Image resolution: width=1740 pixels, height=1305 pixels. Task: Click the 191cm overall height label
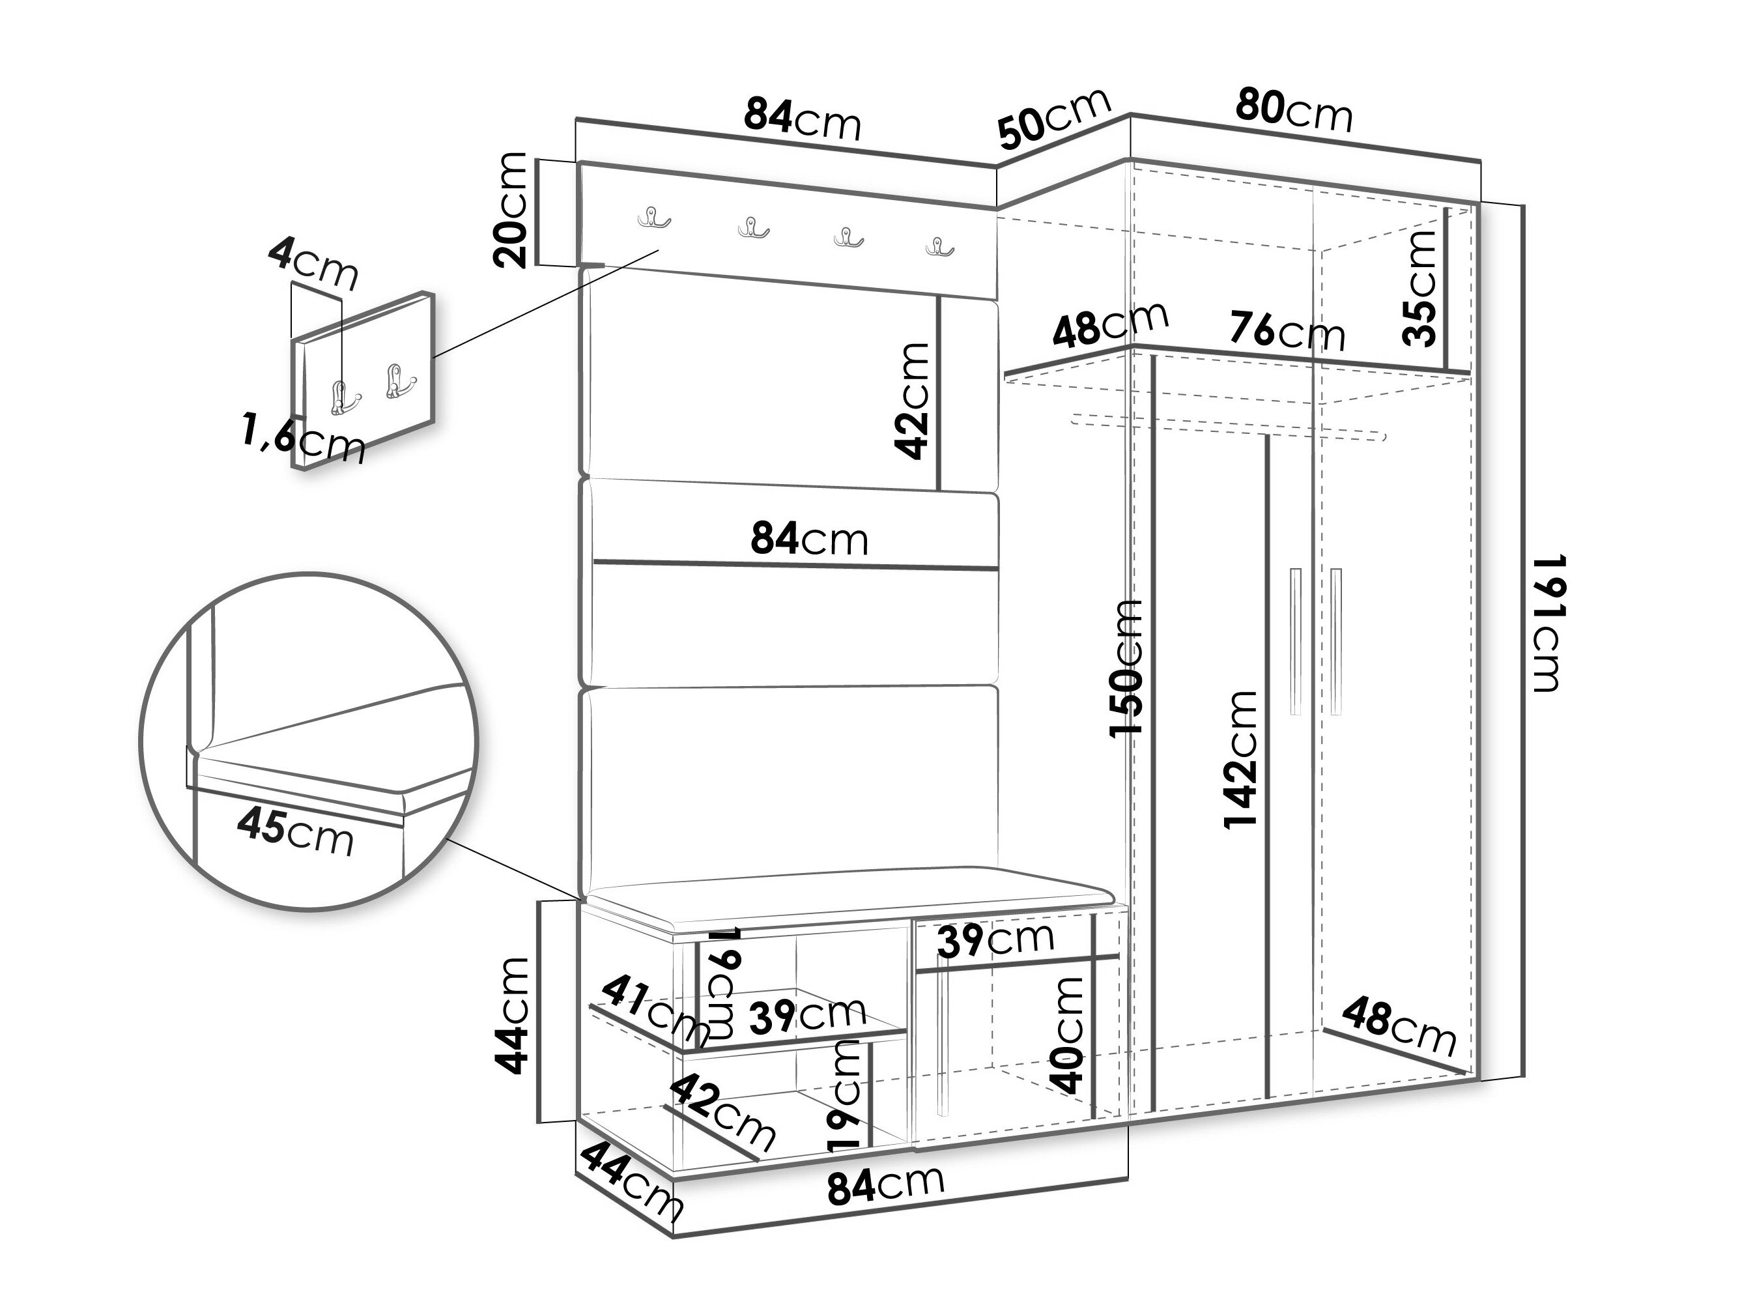point(1545,624)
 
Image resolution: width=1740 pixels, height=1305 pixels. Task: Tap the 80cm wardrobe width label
point(1294,110)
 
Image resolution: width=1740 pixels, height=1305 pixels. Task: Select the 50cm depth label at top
point(1054,117)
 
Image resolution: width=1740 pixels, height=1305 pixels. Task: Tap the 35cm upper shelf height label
point(1420,288)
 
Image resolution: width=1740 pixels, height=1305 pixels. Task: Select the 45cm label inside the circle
point(296,831)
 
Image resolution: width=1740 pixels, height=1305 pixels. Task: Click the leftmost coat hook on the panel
point(653,217)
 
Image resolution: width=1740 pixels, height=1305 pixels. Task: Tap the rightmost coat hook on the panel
point(939,246)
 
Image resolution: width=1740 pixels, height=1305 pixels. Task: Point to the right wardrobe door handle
point(1337,641)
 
